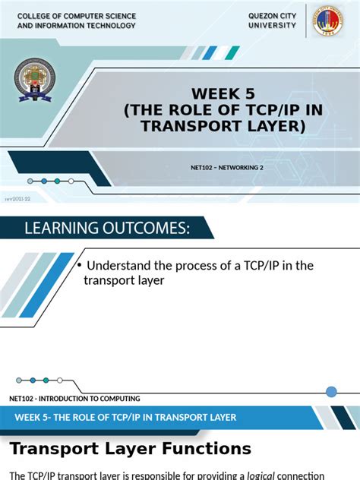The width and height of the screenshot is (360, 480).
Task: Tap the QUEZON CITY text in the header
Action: [x=273, y=16]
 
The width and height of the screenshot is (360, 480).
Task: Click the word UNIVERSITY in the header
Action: [x=273, y=26]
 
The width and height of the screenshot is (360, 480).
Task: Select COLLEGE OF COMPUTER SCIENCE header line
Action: [x=76, y=16]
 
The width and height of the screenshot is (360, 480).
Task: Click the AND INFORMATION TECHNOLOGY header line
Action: [x=76, y=26]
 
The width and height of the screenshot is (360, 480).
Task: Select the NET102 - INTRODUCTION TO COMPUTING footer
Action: [x=74, y=398]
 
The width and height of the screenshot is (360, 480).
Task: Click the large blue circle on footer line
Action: [x=331, y=392]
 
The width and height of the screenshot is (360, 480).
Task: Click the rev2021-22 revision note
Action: [x=17, y=199]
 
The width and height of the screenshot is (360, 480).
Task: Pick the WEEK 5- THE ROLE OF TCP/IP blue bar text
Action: [x=125, y=417]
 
